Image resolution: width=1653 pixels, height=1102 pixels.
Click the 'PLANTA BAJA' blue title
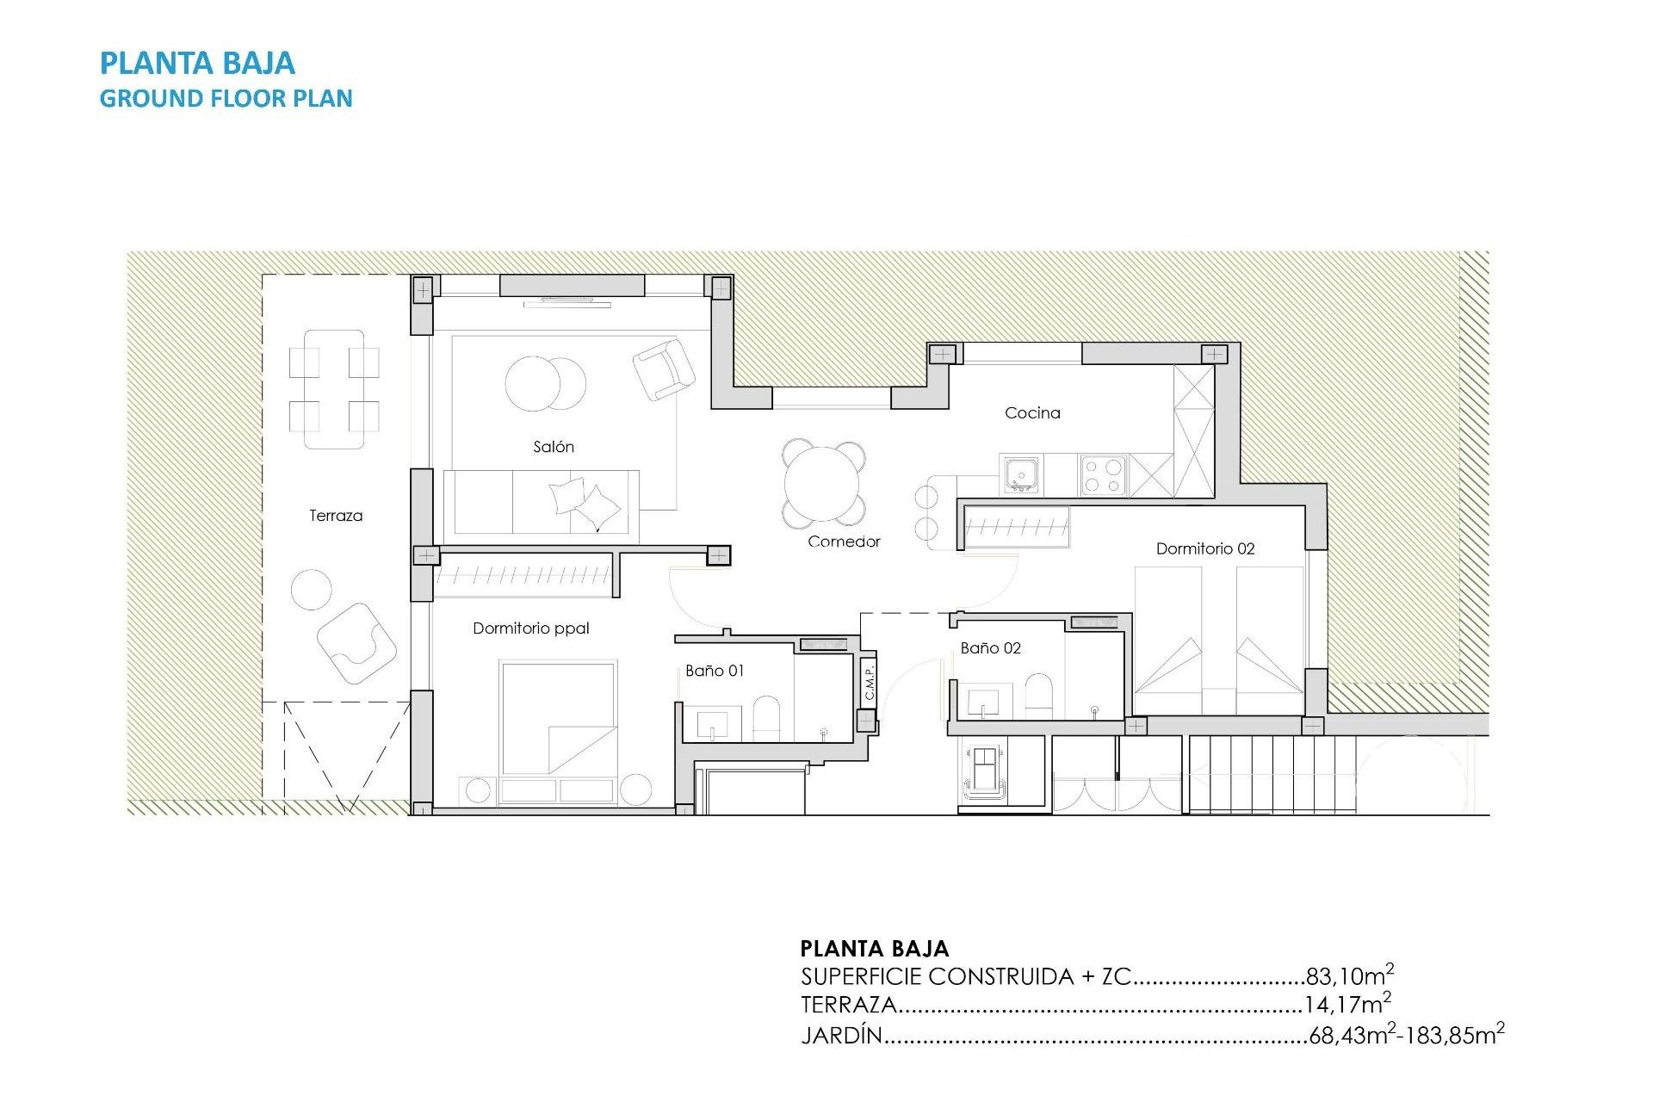[197, 63]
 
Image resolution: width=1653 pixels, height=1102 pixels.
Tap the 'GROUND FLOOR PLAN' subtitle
[226, 98]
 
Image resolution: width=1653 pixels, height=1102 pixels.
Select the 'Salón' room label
[553, 447]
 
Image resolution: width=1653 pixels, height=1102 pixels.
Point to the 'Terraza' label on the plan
[336, 516]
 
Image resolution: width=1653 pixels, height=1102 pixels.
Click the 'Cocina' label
[1032, 413]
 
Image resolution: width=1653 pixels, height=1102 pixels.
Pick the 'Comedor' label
[844, 542]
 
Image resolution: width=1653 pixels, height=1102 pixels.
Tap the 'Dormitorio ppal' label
[530, 628]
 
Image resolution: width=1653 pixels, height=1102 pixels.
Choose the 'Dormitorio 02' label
[1204, 548]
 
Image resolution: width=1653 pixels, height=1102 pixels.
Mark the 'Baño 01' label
[715, 671]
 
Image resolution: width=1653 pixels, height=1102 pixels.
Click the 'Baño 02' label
[990, 648]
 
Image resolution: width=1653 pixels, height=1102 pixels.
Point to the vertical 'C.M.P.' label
[870, 682]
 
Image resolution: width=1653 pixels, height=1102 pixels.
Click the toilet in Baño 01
[766, 718]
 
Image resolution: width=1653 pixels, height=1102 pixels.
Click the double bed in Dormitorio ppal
[559, 718]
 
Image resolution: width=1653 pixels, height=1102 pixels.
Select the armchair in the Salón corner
[663, 368]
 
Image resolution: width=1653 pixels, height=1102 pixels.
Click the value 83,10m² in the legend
[1349, 975]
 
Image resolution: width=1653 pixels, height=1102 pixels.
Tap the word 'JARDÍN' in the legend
[841, 1035]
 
